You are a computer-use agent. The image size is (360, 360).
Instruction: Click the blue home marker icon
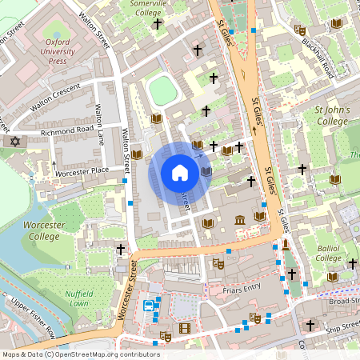point(180,172)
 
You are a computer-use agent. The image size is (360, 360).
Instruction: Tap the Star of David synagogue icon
point(13,142)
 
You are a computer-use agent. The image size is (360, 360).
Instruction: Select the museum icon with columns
point(240,220)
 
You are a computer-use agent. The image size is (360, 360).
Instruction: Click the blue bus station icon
point(148,306)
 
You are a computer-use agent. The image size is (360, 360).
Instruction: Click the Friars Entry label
point(243,287)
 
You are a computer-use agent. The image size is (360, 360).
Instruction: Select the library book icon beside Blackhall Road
point(300,30)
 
